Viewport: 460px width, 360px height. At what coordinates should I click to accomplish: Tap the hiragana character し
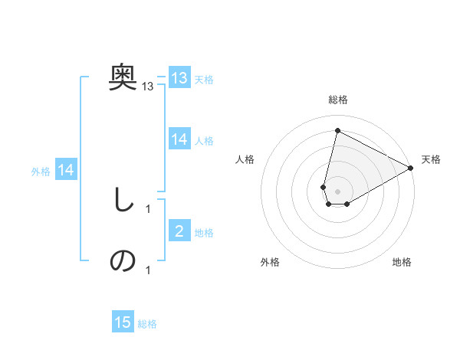123,200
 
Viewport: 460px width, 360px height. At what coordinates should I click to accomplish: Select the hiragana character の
123,261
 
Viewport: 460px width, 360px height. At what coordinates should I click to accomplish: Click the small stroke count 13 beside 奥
148,87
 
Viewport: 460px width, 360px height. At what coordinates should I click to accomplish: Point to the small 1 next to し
148,208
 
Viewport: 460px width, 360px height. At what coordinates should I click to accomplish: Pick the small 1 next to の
148,270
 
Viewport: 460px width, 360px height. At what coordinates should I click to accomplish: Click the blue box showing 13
179,78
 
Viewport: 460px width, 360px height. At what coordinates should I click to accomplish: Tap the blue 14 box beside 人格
179,139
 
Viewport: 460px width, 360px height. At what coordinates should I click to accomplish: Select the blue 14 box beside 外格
66,171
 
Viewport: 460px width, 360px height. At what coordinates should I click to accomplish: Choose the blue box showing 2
179,231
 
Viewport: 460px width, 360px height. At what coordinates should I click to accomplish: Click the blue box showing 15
123,322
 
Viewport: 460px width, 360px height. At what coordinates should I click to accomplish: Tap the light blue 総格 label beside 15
147,324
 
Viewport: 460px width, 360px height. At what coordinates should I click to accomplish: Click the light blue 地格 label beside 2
204,233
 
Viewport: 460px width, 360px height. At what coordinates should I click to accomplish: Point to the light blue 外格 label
41,172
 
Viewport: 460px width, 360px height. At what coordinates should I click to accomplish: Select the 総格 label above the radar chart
337,100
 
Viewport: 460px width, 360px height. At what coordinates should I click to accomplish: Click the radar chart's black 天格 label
431,159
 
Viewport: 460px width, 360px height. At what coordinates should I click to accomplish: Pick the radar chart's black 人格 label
245,159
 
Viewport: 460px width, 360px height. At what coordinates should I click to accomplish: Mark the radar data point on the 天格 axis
411,168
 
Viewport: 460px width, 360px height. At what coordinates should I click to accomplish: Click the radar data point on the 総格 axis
337,131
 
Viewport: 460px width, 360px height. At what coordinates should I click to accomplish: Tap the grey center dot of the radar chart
337,191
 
